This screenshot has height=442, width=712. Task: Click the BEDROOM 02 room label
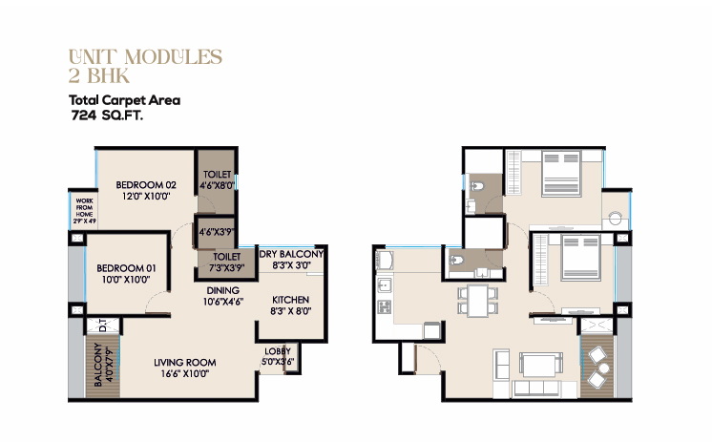pyautogui.click(x=146, y=185)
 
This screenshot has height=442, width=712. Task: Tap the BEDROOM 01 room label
pyautogui.click(x=126, y=268)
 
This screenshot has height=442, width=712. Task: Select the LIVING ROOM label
pyautogui.click(x=185, y=363)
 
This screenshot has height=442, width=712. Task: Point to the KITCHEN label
pyautogui.click(x=290, y=300)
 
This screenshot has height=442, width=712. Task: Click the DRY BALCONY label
pyautogui.click(x=291, y=254)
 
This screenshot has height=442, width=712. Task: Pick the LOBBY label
pyautogui.click(x=278, y=351)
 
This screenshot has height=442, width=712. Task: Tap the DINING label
pyautogui.click(x=223, y=290)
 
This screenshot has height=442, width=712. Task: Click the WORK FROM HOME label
pyautogui.click(x=84, y=207)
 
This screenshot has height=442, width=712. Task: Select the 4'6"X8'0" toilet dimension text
pyautogui.click(x=217, y=185)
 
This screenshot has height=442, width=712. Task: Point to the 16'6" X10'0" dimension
pyautogui.click(x=185, y=374)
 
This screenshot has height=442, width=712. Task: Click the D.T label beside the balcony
pyautogui.click(x=103, y=326)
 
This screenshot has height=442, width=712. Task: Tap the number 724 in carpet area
pyautogui.click(x=84, y=116)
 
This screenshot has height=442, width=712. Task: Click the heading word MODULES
pyautogui.click(x=174, y=57)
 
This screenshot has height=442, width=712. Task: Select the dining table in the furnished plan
pyautogui.click(x=478, y=301)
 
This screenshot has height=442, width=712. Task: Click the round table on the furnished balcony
pyautogui.click(x=604, y=368)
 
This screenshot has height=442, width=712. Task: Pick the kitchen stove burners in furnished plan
pyautogui.click(x=385, y=306)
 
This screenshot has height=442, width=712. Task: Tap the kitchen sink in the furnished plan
pyautogui.click(x=385, y=284)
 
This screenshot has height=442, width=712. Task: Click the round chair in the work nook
pyautogui.click(x=616, y=219)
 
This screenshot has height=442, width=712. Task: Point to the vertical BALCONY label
pyautogui.click(x=97, y=365)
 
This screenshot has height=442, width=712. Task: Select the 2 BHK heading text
pyautogui.click(x=99, y=75)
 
